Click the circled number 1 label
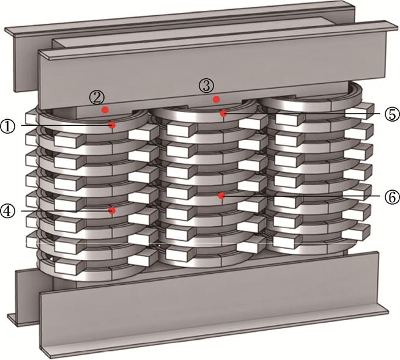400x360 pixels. pyautogui.click(x=8, y=126)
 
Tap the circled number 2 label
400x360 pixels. pyautogui.click(x=97, y=98)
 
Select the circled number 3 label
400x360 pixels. pyautogui.click(x=206, y=86)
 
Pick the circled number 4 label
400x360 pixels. pyautogui.click(x=8, y=211)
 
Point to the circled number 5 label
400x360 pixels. pyautogui.click(x=392, y=114)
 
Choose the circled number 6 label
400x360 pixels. pyautogui.click(x=392, y=197)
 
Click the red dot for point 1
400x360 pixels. pyautogui.click(x=112, y=125)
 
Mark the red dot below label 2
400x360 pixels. pyautogui.click(x=105, y=110)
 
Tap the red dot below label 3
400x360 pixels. pyautogui.click(x=217, y=100)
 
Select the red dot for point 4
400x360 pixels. pyautogui.click(x=112, y=211)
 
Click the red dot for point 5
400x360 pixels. pyautogui.click(x=224, y=113)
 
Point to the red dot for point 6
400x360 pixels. pyautogui.click(x=221, y=196)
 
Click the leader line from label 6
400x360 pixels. pyautogui.click(x=303, y=197)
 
